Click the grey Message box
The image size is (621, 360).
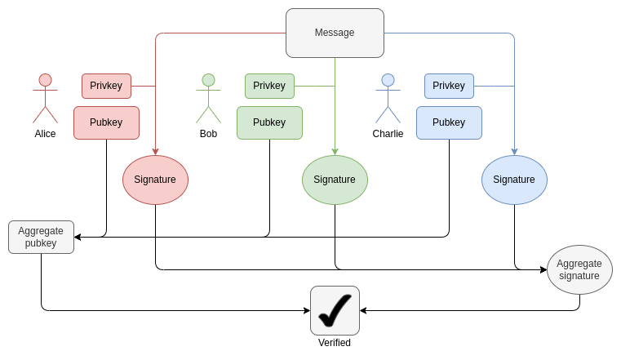[335, 33]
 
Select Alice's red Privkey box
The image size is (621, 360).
[106, 86]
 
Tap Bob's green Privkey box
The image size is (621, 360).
[269, 86]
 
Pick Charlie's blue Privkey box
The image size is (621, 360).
[449, 86]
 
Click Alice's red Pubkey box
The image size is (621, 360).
[106, 122]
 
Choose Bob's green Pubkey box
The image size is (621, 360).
[269, 122]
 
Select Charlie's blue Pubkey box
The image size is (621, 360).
[449, 122]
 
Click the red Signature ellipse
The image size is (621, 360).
[155, 180]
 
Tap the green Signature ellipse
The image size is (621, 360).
[335, 180]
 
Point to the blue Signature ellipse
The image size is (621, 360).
[514, 180]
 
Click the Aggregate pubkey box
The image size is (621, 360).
[41, 237]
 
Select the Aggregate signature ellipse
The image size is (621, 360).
[579, 269]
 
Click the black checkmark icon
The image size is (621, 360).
[335, 309]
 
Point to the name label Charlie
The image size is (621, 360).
[388, 134]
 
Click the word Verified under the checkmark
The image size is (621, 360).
[335, 343]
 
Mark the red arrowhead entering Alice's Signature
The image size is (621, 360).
[155, 152]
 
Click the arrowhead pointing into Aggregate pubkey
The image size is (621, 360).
[78, 237]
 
